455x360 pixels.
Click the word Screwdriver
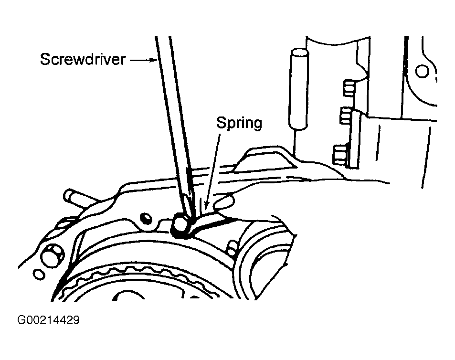click(83, 60)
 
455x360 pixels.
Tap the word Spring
click(239, 123)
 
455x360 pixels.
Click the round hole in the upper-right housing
click(422, 72)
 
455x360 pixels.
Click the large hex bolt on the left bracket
click(51, 255)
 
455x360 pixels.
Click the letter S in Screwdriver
click(44, 60)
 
